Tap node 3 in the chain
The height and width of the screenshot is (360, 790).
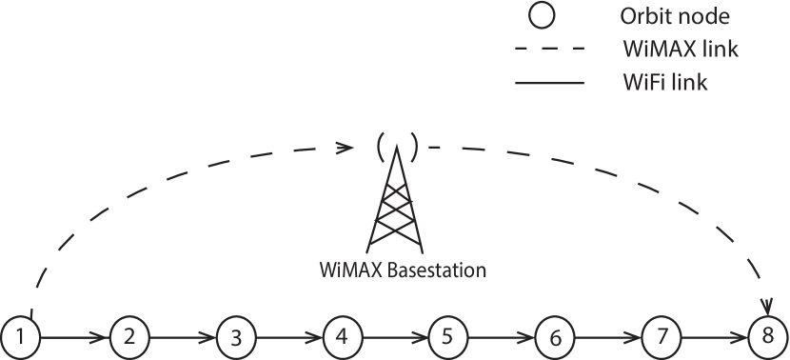click(x=235, y=337)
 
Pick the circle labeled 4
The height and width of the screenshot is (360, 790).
click(x=342, y=336)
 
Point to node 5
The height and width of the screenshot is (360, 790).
click(x=447, y=336)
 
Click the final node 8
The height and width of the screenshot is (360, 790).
click(x=767, y=336)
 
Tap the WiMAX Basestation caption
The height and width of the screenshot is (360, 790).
click(x=403, y=270)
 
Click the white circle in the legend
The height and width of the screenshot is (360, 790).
click(x=542, y=16)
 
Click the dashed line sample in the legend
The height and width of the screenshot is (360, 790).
click(x=548, y=50)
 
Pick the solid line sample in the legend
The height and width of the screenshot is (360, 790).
click(x=548, y=84)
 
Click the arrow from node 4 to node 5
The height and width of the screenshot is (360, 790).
click(x=394, y=337)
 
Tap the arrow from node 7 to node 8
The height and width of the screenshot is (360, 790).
click(x=714, y=337)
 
